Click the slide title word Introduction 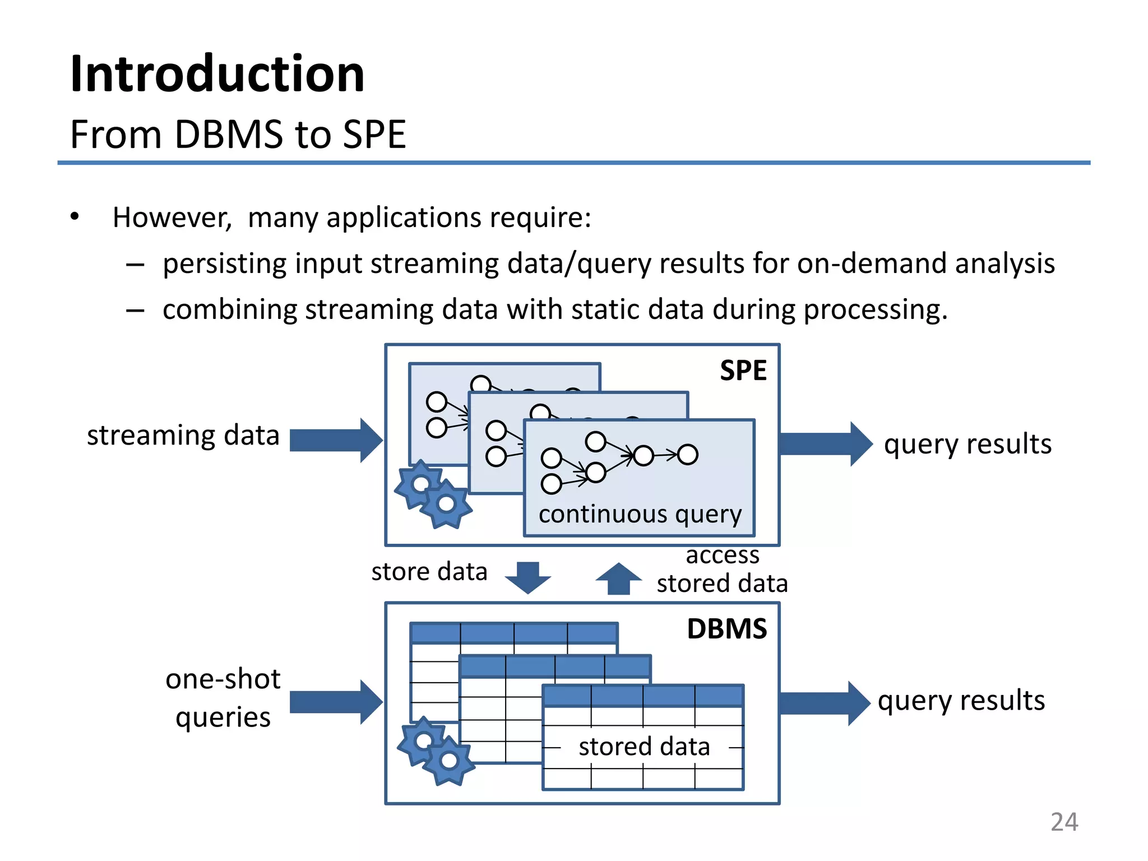217,74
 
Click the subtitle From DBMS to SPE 238,135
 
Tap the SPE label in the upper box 743,371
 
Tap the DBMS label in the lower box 726,629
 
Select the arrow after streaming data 335,440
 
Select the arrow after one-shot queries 335,702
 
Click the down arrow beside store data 527,577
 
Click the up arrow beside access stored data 618,578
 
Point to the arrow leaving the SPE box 825,444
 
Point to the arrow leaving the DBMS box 824,703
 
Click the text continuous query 640,514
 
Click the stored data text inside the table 644,747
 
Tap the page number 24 1064,822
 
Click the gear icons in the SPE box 433,494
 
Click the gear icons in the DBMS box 436,751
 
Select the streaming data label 183,436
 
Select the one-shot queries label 223,698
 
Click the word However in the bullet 172,217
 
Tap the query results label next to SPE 968,444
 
